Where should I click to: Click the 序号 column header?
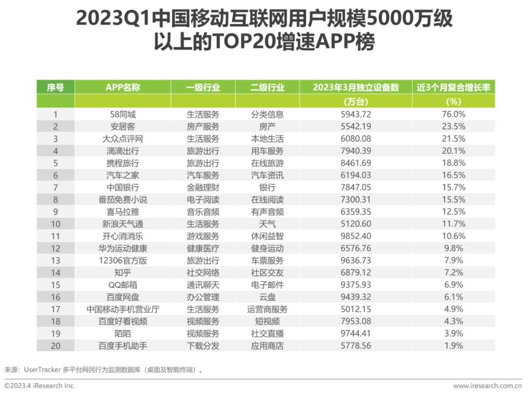click(x=56, y=87)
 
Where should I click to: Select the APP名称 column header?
click(x=123, y=87)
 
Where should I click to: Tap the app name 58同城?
click(x=123, y=114)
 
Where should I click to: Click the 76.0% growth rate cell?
click(x=454, y=114)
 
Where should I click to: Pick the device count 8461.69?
click(x=356, y=163)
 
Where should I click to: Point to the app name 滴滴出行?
click(x=123, y=151)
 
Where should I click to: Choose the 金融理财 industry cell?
click(x=203, y=188)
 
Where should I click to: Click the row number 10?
click(x=56, y=224)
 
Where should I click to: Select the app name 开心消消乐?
click(x=123, y=236)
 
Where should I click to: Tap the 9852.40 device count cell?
click(x=356, y=236)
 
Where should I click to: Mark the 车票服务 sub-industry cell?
click(x=267, y=260)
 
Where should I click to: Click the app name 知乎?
click(x=123, y=272)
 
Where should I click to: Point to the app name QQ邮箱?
click(x=123, y=285)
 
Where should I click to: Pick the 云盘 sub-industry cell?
click(x=267, y=297)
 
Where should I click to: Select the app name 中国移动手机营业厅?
click(x=123, y=309)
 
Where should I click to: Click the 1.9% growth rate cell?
click(x=454, y=346)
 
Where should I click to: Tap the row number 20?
click(x=56, y=346)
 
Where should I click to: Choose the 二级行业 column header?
click(x=267, y=87)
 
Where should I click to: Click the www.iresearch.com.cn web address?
click(x=487, y=386)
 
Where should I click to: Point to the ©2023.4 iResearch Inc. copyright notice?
click(x=40, y=386)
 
